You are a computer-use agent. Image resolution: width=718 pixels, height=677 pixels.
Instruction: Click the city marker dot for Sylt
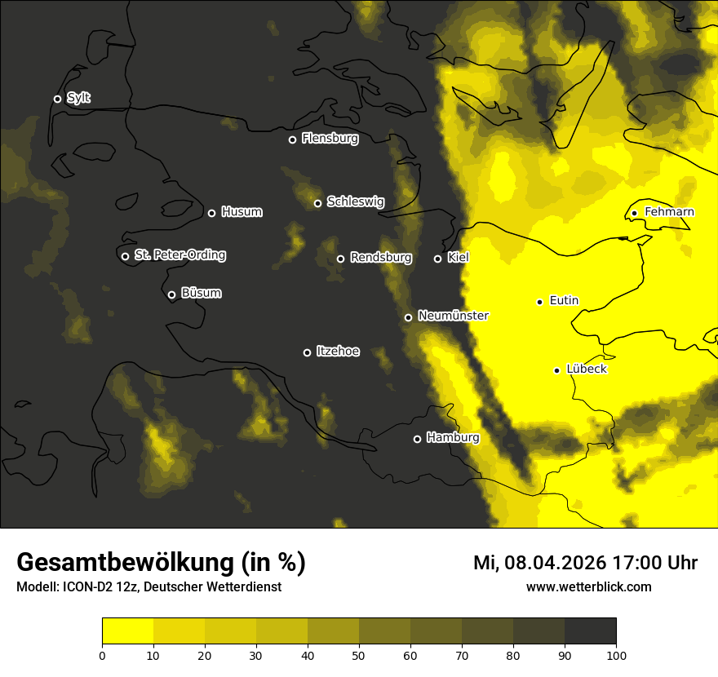tap(57, 99)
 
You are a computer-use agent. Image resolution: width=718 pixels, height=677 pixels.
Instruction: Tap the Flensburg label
tap(330, 139)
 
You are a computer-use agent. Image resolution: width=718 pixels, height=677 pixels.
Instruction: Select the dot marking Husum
tap(211, 213)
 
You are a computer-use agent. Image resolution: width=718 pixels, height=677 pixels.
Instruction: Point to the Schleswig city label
tap(355, 201)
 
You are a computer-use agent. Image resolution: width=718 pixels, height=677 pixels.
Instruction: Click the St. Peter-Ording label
tap(179, 255)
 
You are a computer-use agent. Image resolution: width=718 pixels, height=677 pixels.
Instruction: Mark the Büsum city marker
tap(171, 295)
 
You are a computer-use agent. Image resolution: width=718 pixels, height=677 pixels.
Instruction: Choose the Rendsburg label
tap(380, 258)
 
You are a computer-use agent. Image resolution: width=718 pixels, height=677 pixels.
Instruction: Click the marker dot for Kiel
tap(437, 259)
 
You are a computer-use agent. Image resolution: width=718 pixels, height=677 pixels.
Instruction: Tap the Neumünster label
tap(453, 316)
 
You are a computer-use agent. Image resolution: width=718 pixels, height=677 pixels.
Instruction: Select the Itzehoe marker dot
tap(307, 352)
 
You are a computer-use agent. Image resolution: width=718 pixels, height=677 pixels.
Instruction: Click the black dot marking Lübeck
tap(556, 370)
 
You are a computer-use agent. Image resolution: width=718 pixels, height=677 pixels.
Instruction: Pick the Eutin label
tap(564, 301)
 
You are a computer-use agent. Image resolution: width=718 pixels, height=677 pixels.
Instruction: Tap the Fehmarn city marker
tap(634, 213)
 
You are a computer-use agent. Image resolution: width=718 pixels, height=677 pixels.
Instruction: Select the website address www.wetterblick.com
tap(588, 586)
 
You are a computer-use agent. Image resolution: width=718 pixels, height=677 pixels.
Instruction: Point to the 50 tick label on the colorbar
tap(359, 654)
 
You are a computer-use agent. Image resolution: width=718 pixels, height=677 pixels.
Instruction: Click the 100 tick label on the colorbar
tap(616, 654)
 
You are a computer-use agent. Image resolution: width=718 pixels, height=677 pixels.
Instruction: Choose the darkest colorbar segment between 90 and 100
tap(590, 631)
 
